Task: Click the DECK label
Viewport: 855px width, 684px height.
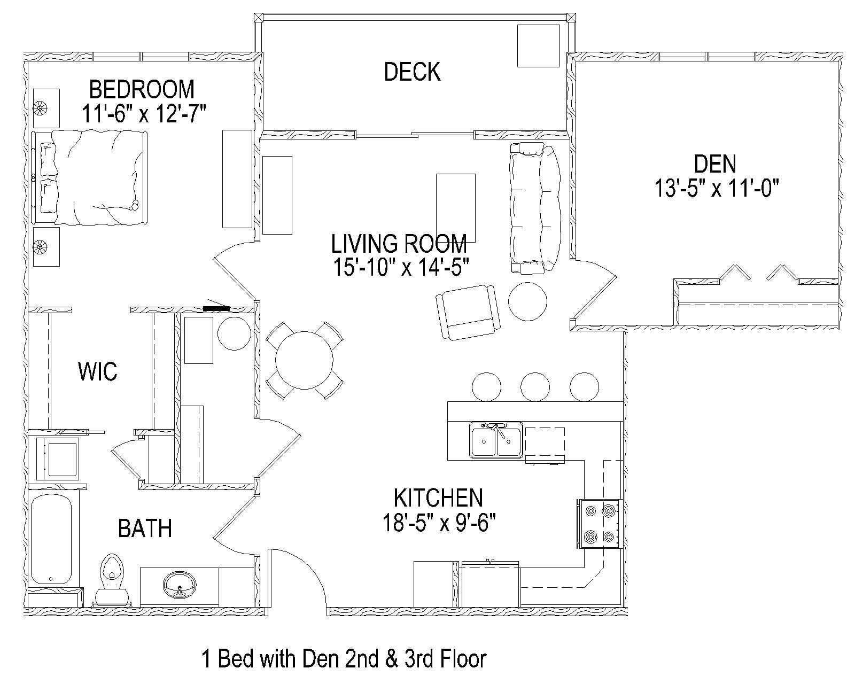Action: [x=412, y=72]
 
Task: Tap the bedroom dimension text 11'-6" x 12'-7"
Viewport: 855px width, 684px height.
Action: [x=144, y=114]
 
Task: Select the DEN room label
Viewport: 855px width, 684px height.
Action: [x=714, y=164]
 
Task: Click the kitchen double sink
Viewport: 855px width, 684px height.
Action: [x=495, y=440]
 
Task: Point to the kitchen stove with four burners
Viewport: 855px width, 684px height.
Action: [x=599, y=524]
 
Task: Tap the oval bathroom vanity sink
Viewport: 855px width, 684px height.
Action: [x=179, y=586]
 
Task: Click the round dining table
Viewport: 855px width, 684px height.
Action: [x=304, y=360]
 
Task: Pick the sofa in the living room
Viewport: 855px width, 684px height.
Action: [x=534, y=208]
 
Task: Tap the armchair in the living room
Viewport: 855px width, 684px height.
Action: [x=469, y=312]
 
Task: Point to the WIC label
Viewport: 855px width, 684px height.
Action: [x=97, y=371]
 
